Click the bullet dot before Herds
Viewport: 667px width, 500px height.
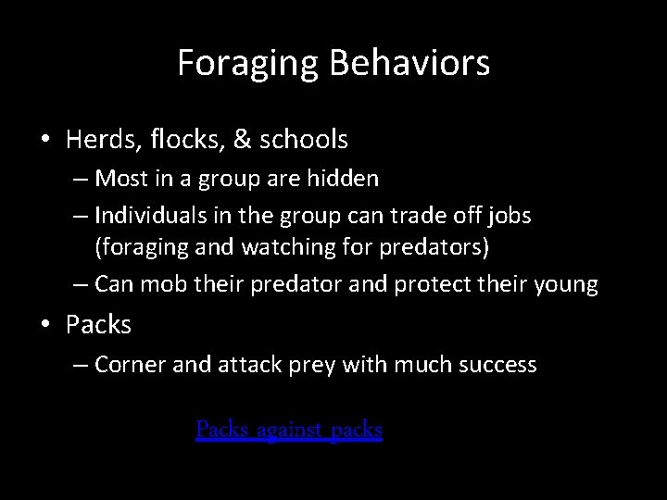[44, 141]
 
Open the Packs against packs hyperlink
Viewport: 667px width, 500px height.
[289, 430]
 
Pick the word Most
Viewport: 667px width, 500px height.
[118, 177]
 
